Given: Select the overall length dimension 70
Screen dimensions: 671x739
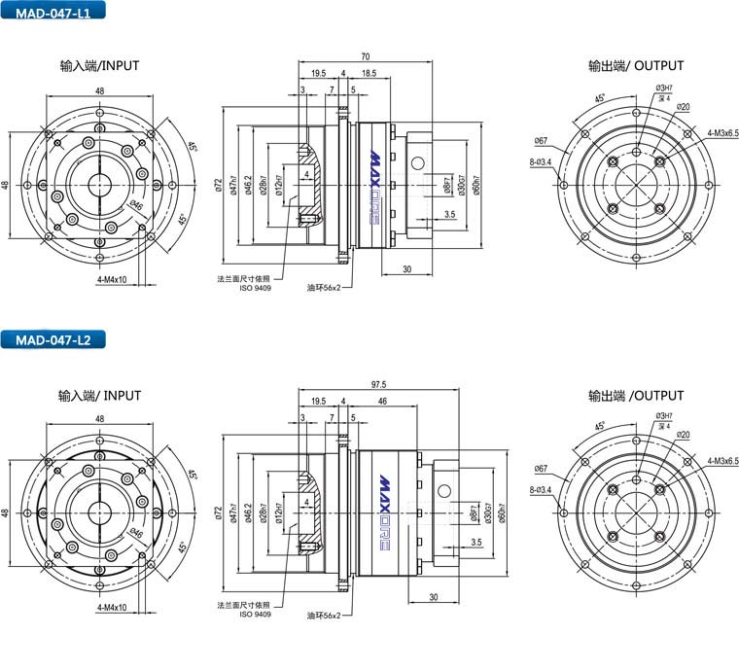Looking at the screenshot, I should pyautogui.click(x=364, y=55).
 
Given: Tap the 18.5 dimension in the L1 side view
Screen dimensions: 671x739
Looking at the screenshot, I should pyautogui.click(x=369, y=73).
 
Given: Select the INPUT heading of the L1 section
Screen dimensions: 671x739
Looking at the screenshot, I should pyautogui.click(x=99, y=66).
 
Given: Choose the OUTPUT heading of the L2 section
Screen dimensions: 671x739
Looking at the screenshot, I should pyautogui.click(x=636, y=396).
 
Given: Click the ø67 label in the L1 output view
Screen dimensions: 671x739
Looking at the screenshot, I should pyautogui.click(x=541, y=142).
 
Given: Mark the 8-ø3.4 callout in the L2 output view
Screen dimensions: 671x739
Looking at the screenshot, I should pyautogui.click(x=541, y=489).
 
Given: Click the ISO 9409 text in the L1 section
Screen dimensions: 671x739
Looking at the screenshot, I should pyautogui.click(x=256, y=289).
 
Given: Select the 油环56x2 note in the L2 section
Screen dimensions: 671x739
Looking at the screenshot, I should pyautogui.click(x=324, y=616).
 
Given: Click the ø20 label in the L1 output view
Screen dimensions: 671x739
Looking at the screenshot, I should pyautogui.click(x=684, y=107).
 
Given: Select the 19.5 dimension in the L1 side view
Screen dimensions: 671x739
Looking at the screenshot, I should pyautogui.click(x=318, y=73).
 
